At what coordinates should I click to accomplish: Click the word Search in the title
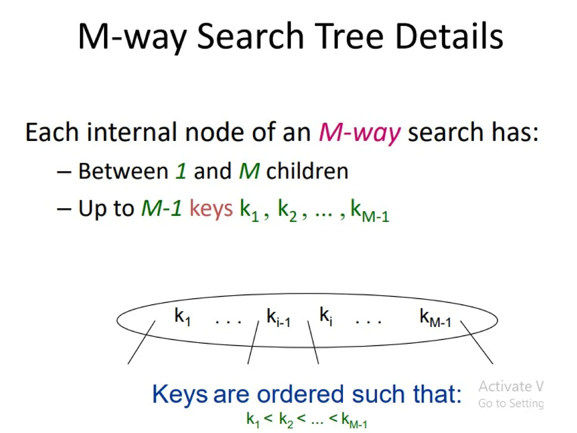(x=250, y=37)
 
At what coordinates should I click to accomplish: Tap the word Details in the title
(x=449, y=37)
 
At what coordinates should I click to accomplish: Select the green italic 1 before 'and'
(x=181, y=171)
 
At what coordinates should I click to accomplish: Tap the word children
(x=307, y=171)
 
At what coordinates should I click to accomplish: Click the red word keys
(x=211, y=209)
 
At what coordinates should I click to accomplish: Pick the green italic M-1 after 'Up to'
(x=161, y=209)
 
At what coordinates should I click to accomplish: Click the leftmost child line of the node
(x=141, y=343)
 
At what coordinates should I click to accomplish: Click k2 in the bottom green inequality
(x=286, y=419)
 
